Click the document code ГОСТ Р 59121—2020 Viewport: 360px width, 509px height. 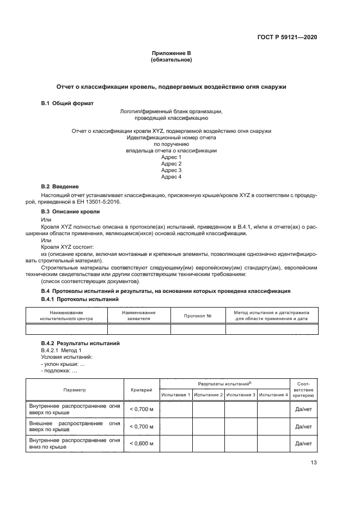point(287,37)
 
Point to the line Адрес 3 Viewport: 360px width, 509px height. point(171,170)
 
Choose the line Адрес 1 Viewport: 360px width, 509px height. point(171,157)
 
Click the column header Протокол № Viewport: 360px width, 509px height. point(198,316)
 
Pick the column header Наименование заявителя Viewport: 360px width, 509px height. point(139,315)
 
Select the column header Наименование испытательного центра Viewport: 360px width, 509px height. point(67,315)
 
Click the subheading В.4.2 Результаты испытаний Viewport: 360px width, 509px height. point(81,344)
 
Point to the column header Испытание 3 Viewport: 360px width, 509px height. point(241,395)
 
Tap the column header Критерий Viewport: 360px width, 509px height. point(141,390)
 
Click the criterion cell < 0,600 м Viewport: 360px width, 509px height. point(141,444)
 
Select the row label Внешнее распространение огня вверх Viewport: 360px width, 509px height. point(75,426)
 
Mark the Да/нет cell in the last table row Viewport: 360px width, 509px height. point(303,444)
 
